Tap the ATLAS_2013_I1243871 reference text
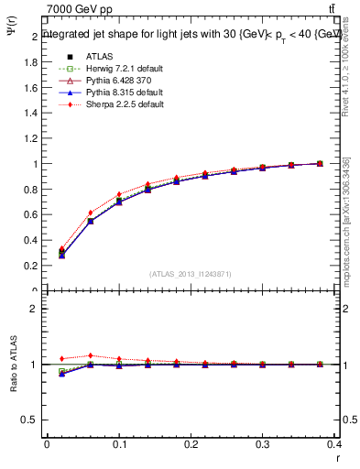(x=191, y=274)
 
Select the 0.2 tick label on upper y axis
(x=33, y=266)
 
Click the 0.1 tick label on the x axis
(x=119, y=443)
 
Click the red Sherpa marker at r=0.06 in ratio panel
(x=90, y=355)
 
